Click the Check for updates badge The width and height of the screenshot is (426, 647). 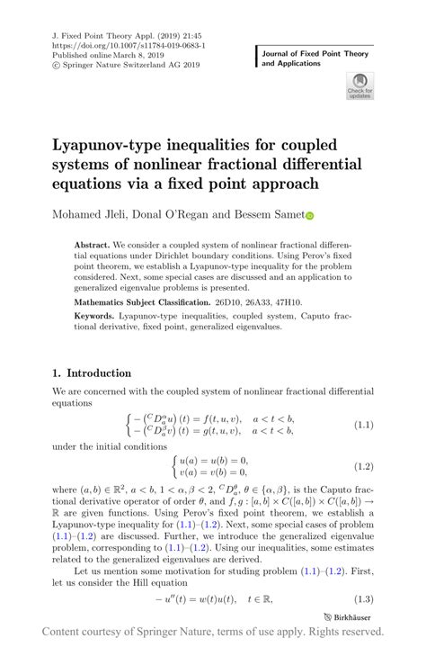tap(359, 86)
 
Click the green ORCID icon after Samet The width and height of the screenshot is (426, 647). tap(311, 216)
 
